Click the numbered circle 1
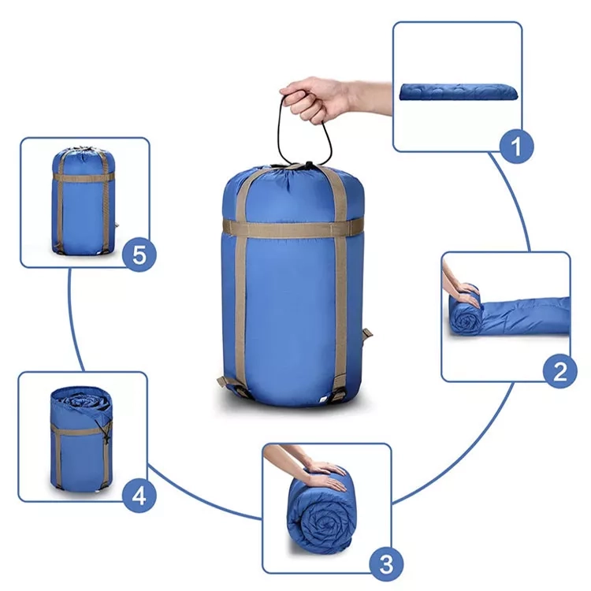pos(516,147)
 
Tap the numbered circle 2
pos(559,371)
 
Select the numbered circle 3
pos(386,564)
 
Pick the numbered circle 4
pos(139,496)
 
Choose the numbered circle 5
pos(139,255)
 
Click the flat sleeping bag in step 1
pos(459,92)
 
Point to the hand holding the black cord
pos(332,98)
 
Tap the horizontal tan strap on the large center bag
pos(292,229)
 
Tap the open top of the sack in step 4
pos(81,400)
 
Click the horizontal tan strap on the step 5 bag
pos(83,177)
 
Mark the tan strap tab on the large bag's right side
pos(366,334)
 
